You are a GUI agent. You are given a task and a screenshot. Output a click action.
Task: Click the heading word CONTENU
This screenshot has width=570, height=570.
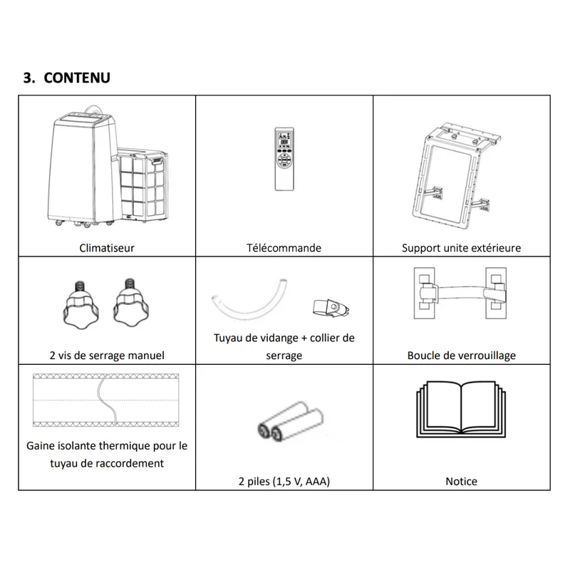(77, 78)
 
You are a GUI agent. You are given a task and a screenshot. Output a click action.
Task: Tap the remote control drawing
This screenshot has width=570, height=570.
(284, 159)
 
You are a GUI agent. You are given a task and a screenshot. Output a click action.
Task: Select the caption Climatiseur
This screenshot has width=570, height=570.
(106, 248)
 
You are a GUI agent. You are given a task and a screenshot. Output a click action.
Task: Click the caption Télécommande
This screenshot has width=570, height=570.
(284, 248)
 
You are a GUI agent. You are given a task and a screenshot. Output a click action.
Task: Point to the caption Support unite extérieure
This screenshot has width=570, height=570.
(461, 248)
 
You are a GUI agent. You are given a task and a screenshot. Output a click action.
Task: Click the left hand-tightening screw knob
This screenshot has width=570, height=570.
(81, 306)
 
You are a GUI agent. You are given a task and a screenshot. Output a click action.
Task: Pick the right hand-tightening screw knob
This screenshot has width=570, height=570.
(131, 301)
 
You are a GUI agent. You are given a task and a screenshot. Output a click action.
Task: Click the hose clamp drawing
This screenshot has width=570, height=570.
(331, 309)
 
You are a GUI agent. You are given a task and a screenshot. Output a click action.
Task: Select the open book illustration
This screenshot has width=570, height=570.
(461, 409)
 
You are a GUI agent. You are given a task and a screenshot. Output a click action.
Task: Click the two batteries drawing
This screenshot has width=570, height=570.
(291, 421)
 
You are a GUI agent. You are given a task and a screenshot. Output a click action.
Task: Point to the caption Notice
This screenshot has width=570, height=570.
(461, 482)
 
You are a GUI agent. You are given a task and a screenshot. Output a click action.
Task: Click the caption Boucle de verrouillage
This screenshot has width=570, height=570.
(461, 355)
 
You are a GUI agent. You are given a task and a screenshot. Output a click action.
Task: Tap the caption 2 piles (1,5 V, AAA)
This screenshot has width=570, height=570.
(284, 482)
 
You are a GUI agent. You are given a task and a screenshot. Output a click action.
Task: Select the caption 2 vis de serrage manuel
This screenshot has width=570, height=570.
(106, 355)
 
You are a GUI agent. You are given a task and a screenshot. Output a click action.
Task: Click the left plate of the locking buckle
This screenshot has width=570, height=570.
(424, 293)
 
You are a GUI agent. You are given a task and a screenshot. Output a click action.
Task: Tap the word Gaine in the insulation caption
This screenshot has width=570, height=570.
(41, 446)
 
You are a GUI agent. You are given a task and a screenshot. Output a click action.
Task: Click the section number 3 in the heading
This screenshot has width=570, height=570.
(28, 78)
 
